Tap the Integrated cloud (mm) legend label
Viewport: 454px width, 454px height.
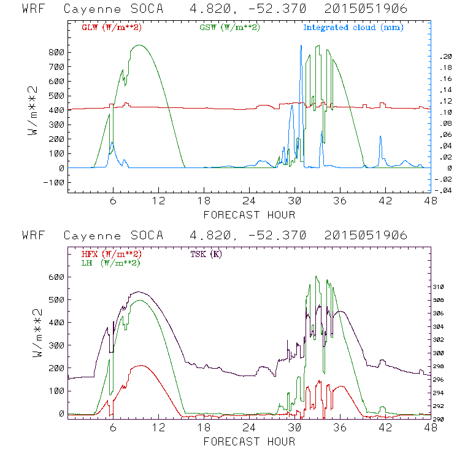(353, 28)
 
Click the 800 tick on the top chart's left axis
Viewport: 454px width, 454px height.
(56, 52)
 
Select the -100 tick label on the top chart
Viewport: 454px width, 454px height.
(54, 182)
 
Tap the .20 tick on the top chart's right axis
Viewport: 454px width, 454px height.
(444, 56)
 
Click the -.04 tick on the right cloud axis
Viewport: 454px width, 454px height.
(442, 190)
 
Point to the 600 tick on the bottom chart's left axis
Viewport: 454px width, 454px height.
(56, 277)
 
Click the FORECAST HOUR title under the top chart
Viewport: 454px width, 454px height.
(248, 215)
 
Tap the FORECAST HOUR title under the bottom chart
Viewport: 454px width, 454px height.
(248, 441)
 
